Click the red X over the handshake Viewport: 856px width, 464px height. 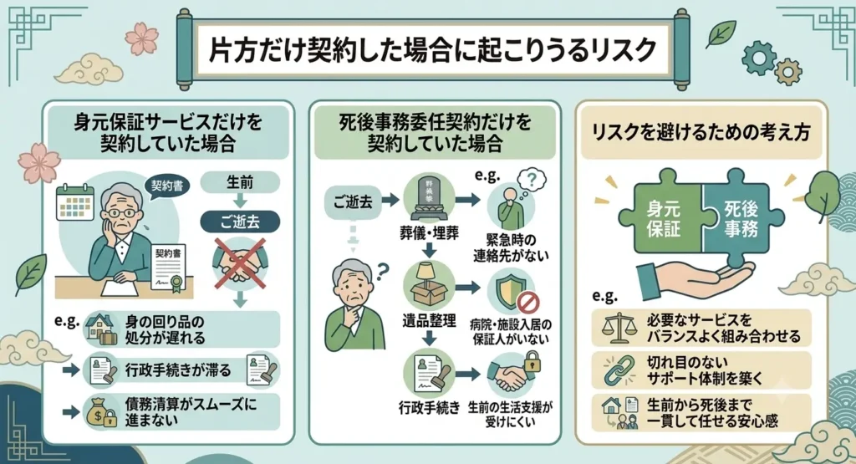[240, 263]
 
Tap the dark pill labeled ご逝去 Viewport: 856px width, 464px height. [240, 222]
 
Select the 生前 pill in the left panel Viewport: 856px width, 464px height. [240, 182]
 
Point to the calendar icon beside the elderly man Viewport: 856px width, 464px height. [75, 202]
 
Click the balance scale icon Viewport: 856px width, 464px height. [619, 328]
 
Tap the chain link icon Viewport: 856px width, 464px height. [619, 370]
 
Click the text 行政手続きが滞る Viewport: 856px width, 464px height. [178, 370]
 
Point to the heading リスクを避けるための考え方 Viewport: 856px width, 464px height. [701, 131]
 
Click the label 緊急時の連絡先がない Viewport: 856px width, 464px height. [511, 247]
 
